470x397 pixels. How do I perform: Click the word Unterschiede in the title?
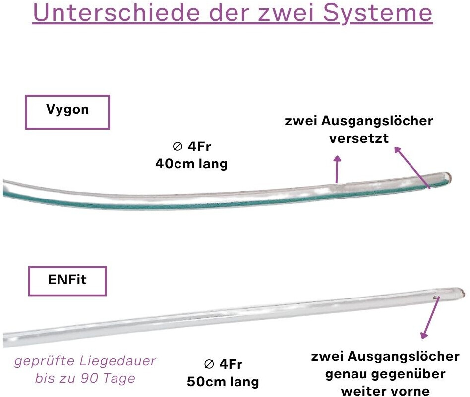coord(117,12)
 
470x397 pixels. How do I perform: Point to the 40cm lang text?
coord(191,164)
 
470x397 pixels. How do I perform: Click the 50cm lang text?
coord(223,382)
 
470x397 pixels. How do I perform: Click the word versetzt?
coord(359,138)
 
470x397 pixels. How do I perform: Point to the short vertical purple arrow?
coord(337,169)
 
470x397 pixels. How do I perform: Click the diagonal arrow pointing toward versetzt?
coord(412,167)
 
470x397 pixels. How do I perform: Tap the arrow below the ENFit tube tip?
coord(430,318)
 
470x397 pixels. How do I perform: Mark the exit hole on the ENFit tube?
coord(435,298)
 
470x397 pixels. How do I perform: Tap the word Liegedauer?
coord(117,361)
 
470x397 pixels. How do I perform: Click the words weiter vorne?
coord(386,391)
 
